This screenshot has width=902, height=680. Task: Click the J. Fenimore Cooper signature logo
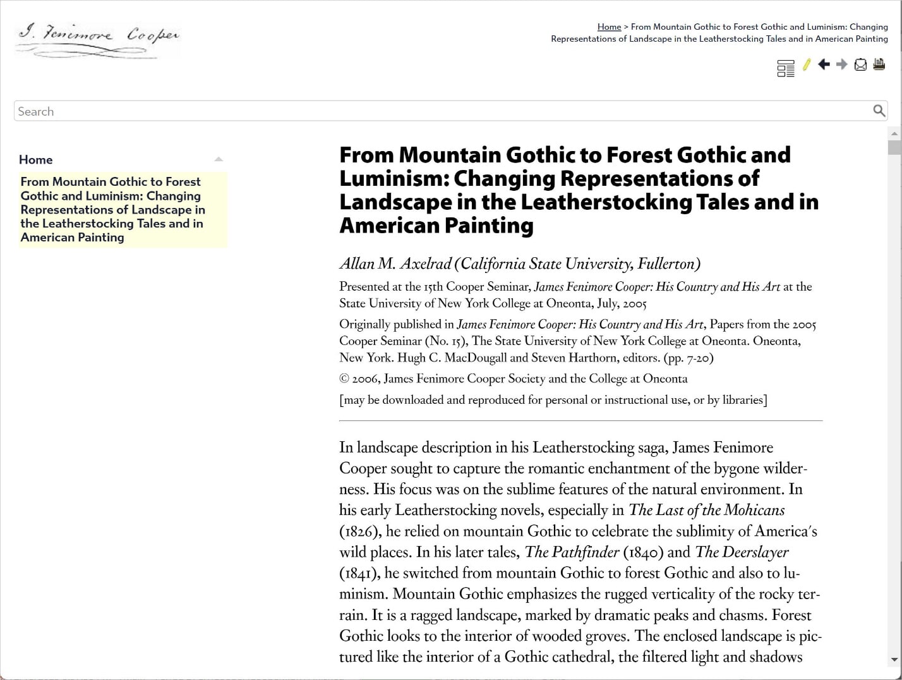98,40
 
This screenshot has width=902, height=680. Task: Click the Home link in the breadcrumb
609,27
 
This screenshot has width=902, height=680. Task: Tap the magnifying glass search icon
879,111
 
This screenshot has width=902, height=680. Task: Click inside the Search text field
442,111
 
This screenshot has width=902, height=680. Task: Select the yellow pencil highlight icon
807,64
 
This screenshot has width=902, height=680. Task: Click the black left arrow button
824,64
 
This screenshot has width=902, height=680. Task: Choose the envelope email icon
860,64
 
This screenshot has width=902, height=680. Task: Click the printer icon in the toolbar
879,64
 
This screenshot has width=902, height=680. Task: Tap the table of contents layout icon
786,68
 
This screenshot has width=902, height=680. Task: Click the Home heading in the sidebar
36,160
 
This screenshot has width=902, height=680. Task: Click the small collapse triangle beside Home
219,159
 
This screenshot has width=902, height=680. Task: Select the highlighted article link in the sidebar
112,209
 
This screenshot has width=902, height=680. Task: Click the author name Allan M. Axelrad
395,264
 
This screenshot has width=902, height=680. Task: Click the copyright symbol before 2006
344,379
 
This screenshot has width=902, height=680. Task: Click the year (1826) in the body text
360,531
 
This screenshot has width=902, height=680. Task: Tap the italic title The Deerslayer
742,552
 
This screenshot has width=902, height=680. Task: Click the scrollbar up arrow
894,134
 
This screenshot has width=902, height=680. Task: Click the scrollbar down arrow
894,660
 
